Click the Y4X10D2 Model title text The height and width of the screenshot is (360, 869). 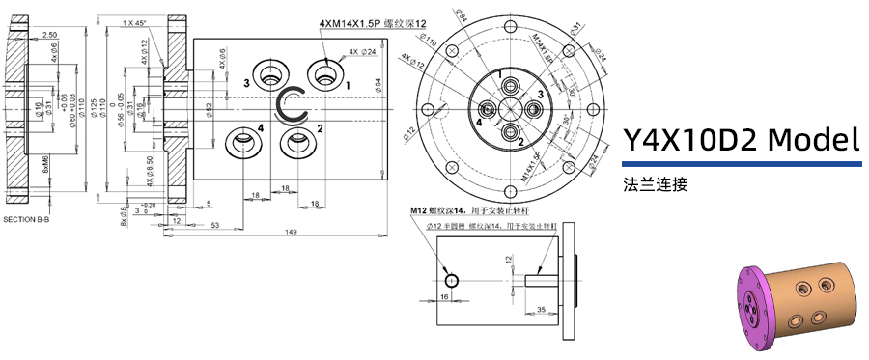coord(741,141)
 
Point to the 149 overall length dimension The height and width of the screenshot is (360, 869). coord(290,233)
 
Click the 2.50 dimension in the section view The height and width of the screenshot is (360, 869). coord(49,35)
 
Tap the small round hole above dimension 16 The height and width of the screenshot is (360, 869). coord(451,279)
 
